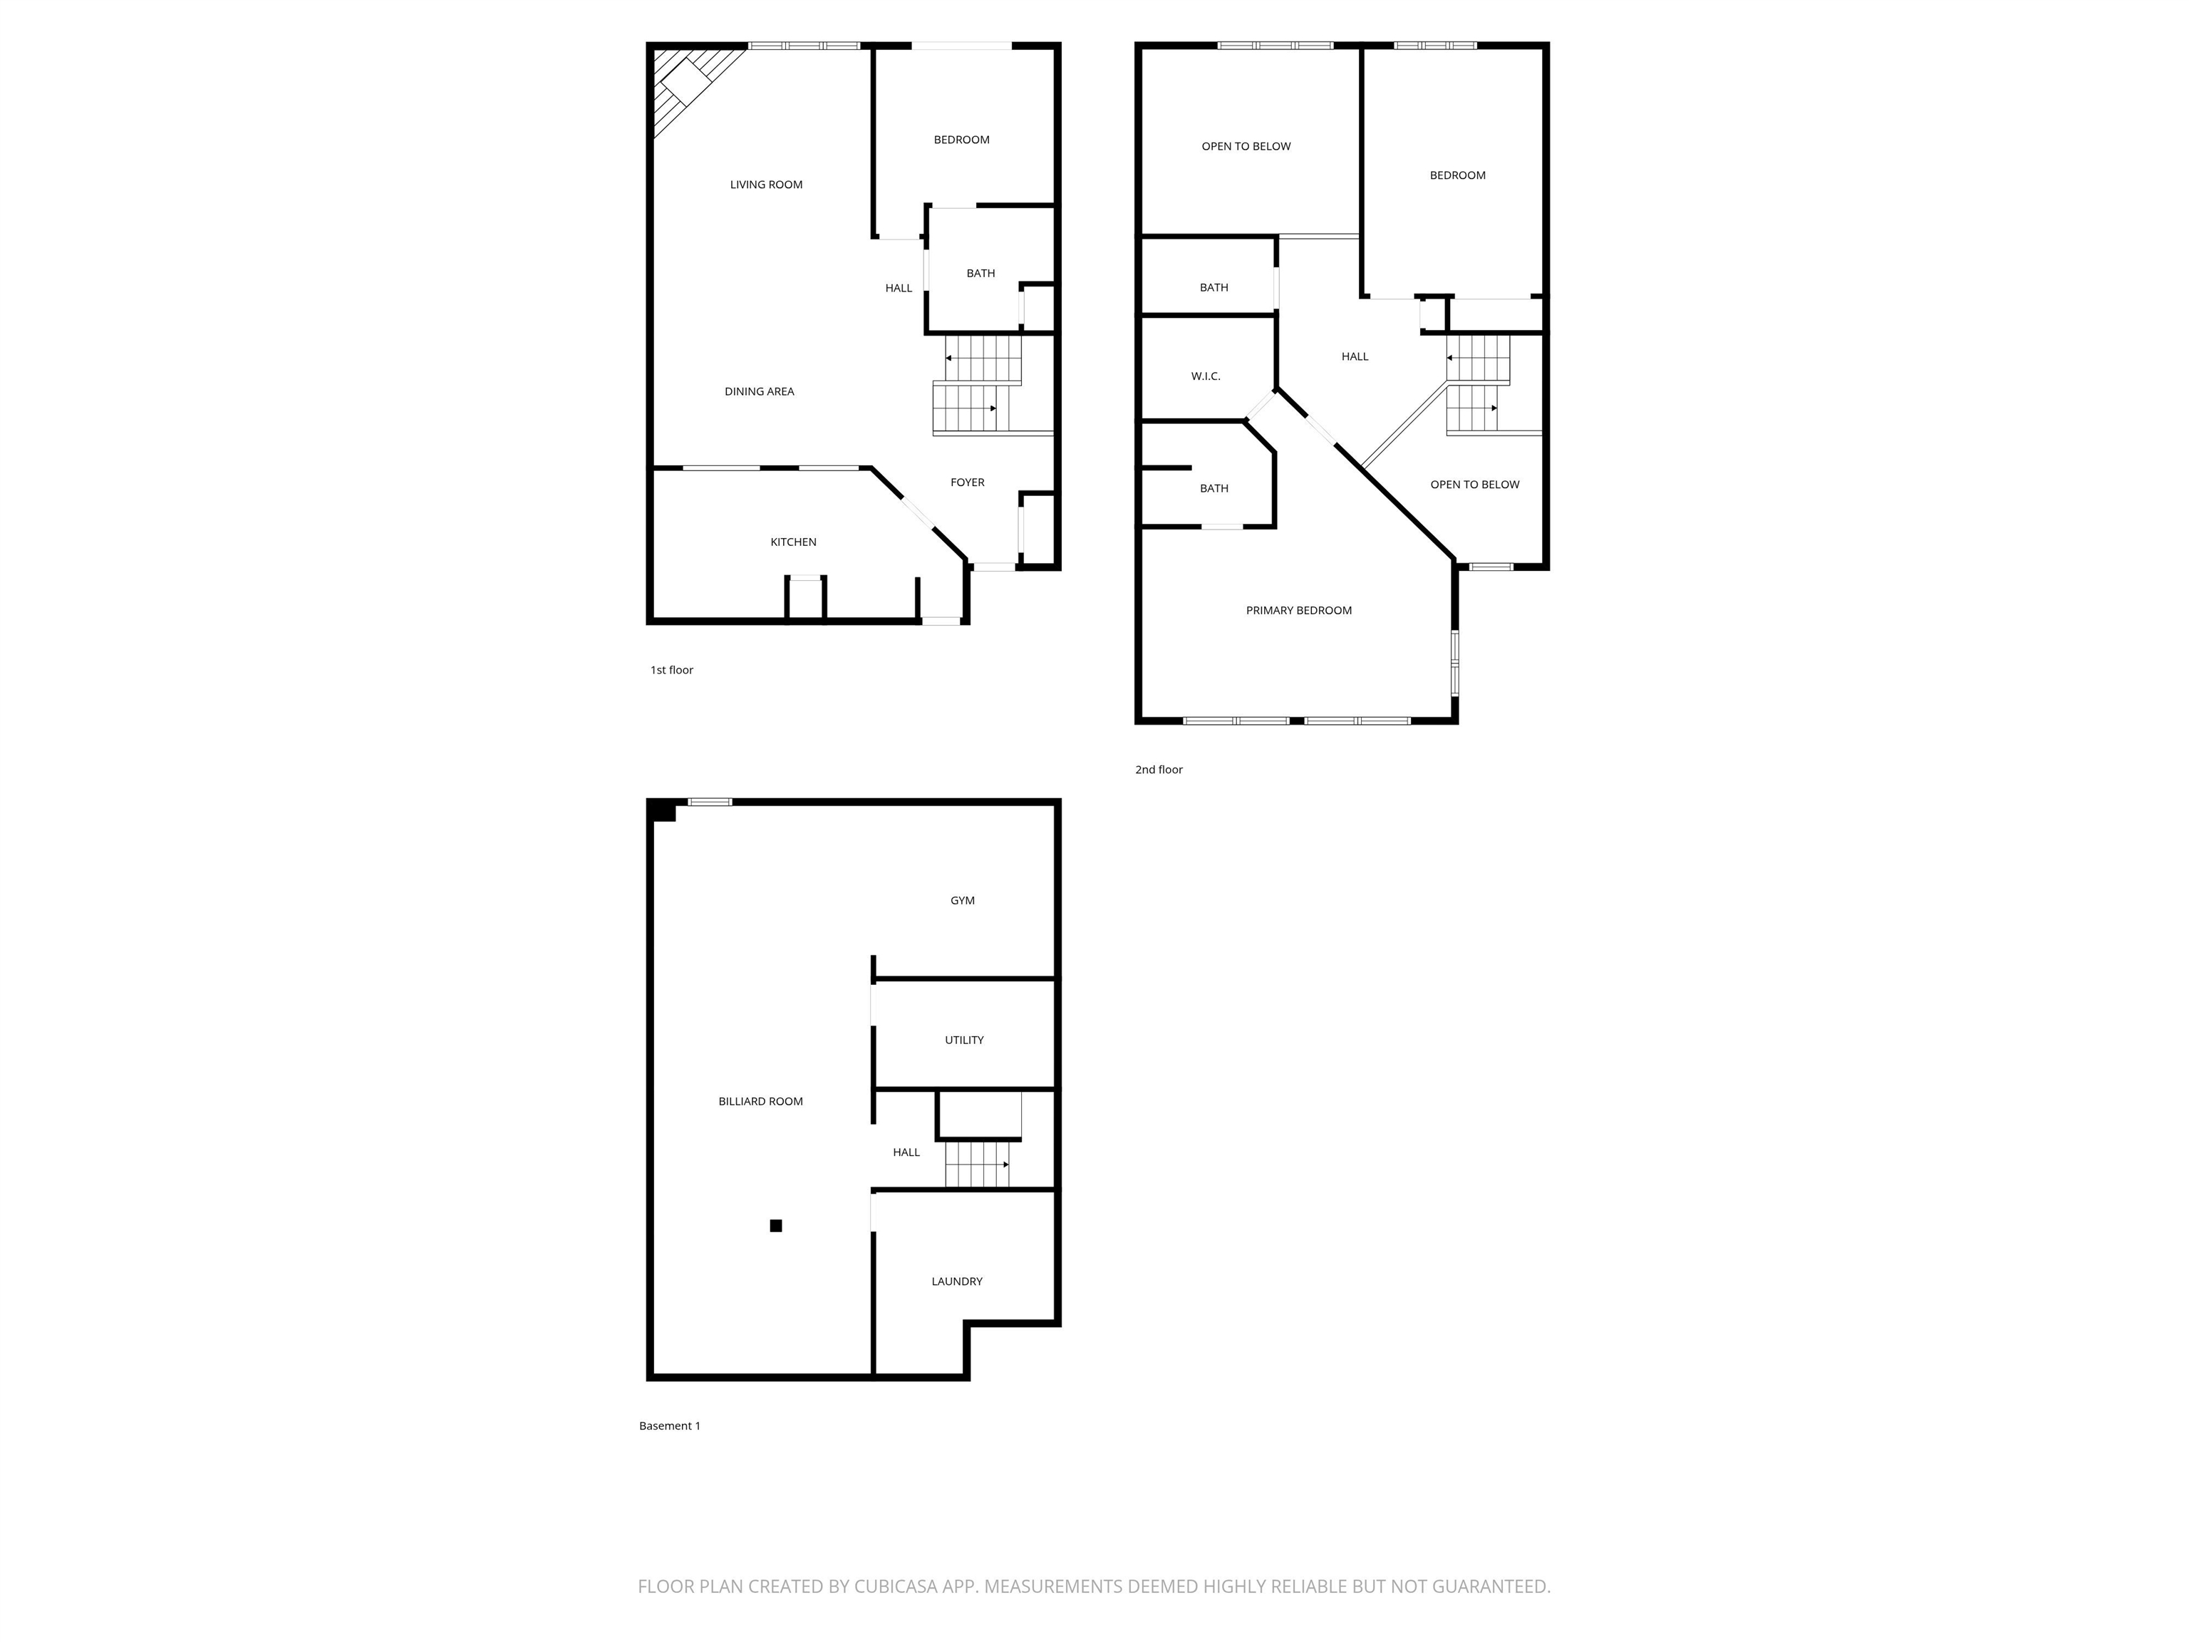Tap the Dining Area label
point(759,392)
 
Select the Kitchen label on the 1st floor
point(792,542)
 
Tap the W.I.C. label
point(1206,377)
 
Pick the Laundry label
point(956,1281)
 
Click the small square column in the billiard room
point(776,1225)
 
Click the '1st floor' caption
point(671,670)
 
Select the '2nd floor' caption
point(1158,770)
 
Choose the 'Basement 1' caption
point(669,1426)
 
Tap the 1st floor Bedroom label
point(961,140)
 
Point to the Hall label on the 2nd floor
point(1355,357)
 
